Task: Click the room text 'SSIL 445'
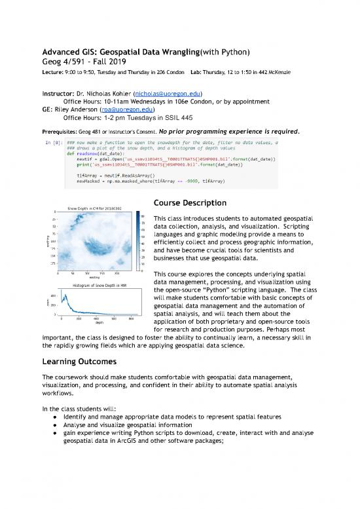click(160, 118)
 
